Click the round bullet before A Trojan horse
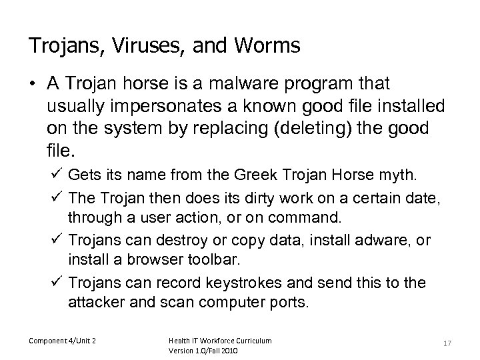[x=32, y=85]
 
